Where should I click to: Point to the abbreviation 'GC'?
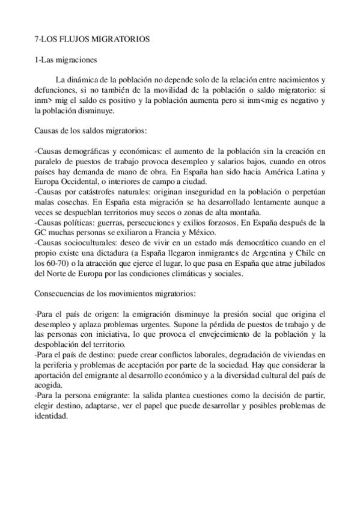coord(41,233)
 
